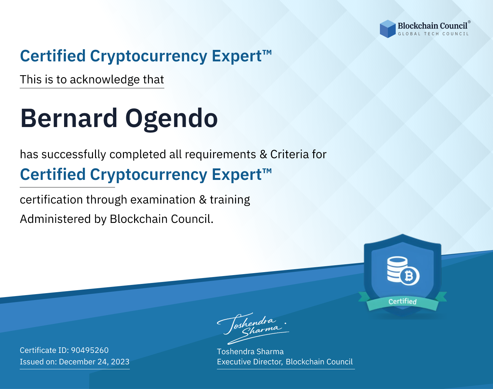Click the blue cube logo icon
point(387,29)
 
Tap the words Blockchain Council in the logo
point(433,26)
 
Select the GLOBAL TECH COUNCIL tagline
point(433,34)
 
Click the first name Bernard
point(69,118)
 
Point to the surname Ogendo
point(171,120)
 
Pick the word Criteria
point(289,154)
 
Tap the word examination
point(163,200)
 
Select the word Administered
point(56,219)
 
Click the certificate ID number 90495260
point(90,350)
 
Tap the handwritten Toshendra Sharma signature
point(253,328)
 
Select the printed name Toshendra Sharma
point(250,352)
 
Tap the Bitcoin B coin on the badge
point(410,276)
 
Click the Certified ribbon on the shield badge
point(403,301)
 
